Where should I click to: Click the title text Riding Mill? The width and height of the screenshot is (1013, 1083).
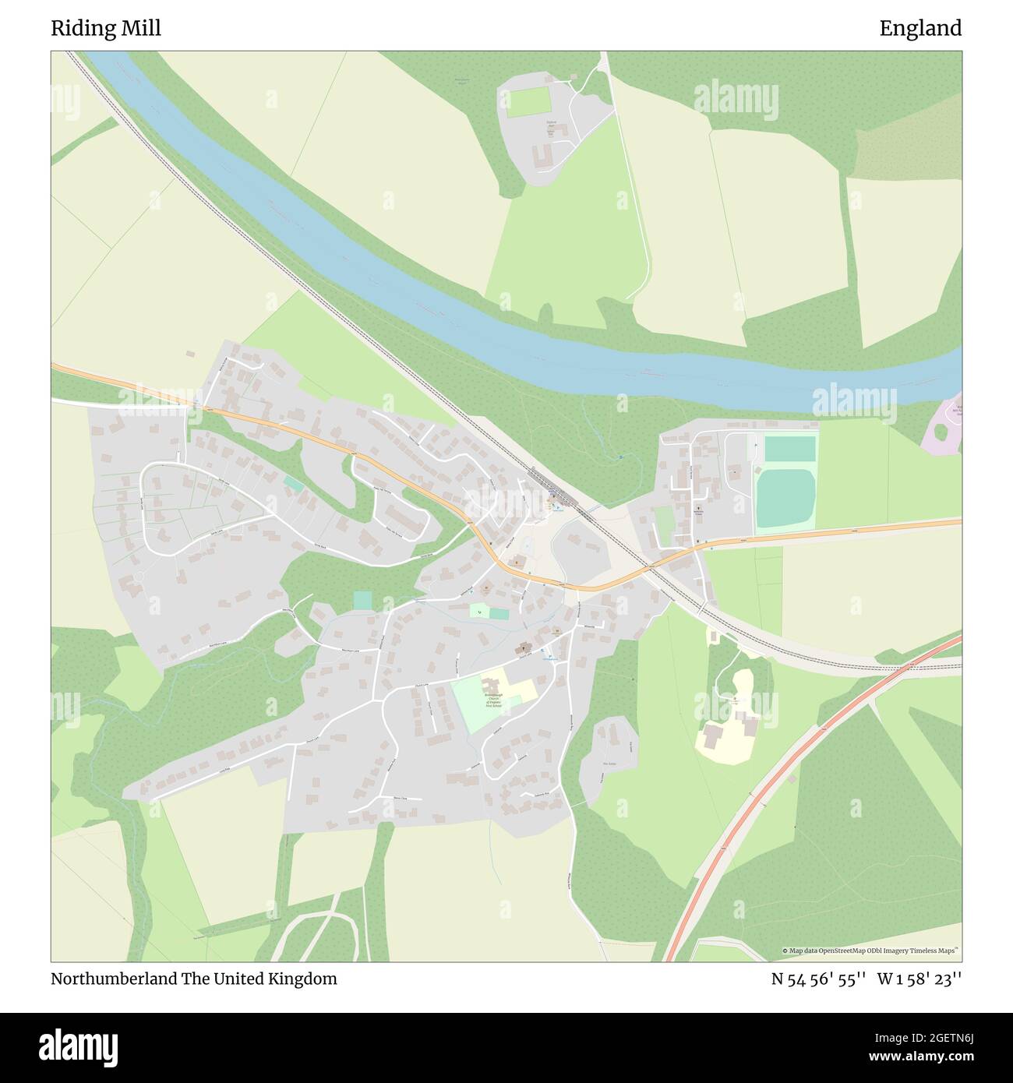point(106,29)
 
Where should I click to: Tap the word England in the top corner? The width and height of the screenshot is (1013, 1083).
point(920,29)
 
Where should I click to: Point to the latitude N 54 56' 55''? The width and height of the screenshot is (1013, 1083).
point(818,979)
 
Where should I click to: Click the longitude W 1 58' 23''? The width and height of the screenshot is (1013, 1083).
point(919,979)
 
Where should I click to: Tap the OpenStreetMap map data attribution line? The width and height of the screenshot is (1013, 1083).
point(871,951)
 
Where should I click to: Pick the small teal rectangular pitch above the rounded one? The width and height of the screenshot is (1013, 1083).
point(789,449)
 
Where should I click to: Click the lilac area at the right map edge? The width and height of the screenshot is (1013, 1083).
point(944,425)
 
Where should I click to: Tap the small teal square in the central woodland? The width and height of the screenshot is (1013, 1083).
point(362,600)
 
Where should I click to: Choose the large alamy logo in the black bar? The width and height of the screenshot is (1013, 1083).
point(79,1046)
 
